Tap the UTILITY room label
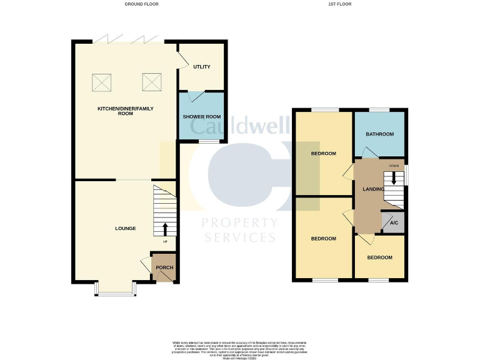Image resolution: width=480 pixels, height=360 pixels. pos(201,67)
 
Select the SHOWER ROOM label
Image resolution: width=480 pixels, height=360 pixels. pos(202,117)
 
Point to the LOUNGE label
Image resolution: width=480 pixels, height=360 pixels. pos(125,228)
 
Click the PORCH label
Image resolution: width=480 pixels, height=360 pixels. pos(164,267)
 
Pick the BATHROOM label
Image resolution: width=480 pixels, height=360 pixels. pos(380,134)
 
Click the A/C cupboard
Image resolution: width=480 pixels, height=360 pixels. pos(394,223)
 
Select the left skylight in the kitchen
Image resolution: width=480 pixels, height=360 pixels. pos(102,82)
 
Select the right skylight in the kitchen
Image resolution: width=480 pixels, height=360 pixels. pos(151,82)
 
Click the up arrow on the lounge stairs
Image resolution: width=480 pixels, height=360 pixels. pos(166,228)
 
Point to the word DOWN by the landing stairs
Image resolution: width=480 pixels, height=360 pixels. pos(394,166)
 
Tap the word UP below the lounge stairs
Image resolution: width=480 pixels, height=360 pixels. pos(166,242)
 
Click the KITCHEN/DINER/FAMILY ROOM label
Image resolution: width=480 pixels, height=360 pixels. pos(125,112)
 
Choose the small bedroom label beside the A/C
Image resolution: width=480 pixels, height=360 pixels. pos(379,257)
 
